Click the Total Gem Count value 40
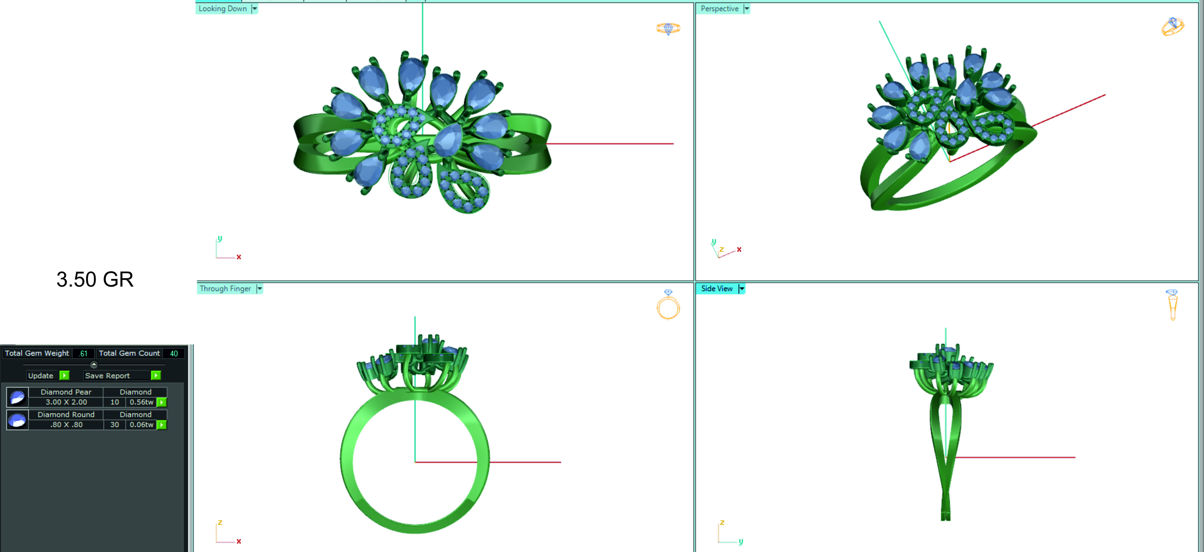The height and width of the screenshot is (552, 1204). [x=174, y=354]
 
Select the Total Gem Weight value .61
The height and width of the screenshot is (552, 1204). [x=83, y=354]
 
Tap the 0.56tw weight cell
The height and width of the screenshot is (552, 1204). [x=141, y=402]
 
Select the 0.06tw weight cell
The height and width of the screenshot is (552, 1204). [x=141, y=425]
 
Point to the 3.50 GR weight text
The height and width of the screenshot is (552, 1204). [x=95, y=279]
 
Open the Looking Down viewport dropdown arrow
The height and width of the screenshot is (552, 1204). [x=255, y=9]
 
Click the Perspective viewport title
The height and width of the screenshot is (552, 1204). [x=719, y=9]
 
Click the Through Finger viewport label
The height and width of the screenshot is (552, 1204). [x=225, y=289]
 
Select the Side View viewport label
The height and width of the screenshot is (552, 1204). [x=716, y=289]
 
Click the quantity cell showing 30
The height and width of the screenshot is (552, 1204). [x=114, y=425]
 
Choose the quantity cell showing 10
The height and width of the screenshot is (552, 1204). [x=114, y=402]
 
